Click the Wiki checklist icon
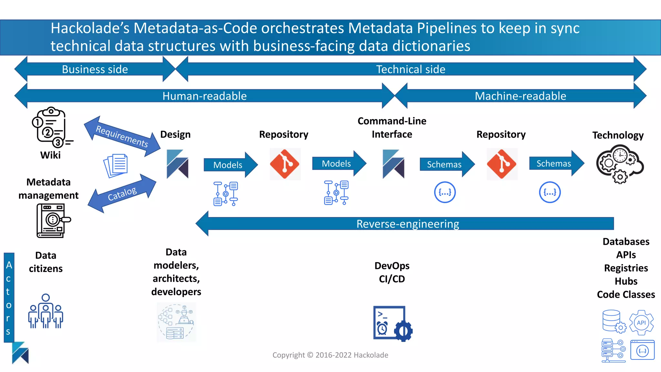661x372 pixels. coord(51,128)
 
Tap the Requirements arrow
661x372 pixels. coord(122,136)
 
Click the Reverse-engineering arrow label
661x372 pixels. coord(407,224)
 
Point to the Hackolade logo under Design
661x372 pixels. coord(177,164)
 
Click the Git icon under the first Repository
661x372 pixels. coord(285,164)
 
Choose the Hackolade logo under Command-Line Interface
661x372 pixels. coord(393,164)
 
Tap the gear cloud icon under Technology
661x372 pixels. coord(619,164)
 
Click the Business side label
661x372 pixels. coord(95,69)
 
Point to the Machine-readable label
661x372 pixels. coord(520,96)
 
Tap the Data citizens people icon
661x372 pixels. coord(46,311)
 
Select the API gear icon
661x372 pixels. coord(641,323)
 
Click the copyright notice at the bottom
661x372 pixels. coord(330,355)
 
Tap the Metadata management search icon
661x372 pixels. coord(53,221)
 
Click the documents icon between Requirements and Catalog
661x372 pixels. coord(116,166)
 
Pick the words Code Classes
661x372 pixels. coord(625,294)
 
